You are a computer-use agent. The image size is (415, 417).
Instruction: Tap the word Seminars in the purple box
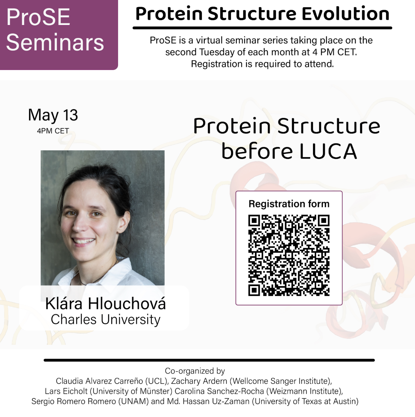(x=55, y=42)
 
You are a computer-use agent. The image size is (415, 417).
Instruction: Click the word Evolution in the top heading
(x=345, y=14)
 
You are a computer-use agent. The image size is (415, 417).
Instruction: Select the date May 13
(x=53, y=115)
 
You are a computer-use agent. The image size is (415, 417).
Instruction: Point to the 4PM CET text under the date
(x=53, y=131)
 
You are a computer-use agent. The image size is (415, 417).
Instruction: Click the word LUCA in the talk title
(x=328, y=151)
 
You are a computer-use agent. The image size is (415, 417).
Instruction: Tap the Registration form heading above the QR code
(x=289, y=204)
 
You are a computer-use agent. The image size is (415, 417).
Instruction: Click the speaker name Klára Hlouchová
(x=105, y=304)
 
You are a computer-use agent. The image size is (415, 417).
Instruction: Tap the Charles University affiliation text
(x=106, y=319)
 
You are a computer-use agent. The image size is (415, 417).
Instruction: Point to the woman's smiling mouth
(x=83, y=241)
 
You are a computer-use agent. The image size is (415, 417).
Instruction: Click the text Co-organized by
(x=195, y=371)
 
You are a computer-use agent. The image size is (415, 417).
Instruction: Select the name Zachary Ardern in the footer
(x=199, y=381)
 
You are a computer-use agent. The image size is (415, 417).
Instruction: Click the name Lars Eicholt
(x=66, y=391)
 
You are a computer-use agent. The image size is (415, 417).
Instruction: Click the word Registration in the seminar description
(x=217, y=64)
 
